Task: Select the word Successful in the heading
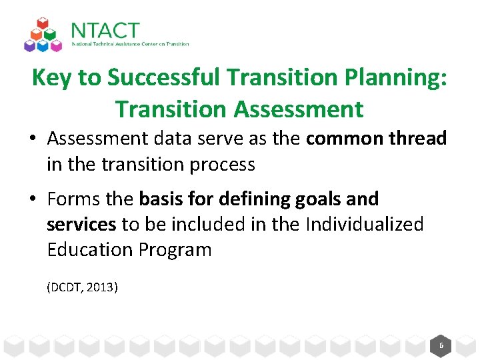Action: pyautogui.click(x=164, y=78)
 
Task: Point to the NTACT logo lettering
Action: pyautogui.click(x=105, y=31)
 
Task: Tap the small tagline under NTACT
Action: pyautogui.click(x=131, y=45)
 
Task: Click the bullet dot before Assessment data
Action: pyautogui.click(x=33, y=139)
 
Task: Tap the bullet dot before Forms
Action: pyautogui.click(x=33, y=199)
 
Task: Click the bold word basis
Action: pyautogui.click(x=159, y=199)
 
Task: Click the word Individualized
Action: pyautogui.click(x=364, y=224)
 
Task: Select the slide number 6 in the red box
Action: pyautogui.click(x=441, y=345)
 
